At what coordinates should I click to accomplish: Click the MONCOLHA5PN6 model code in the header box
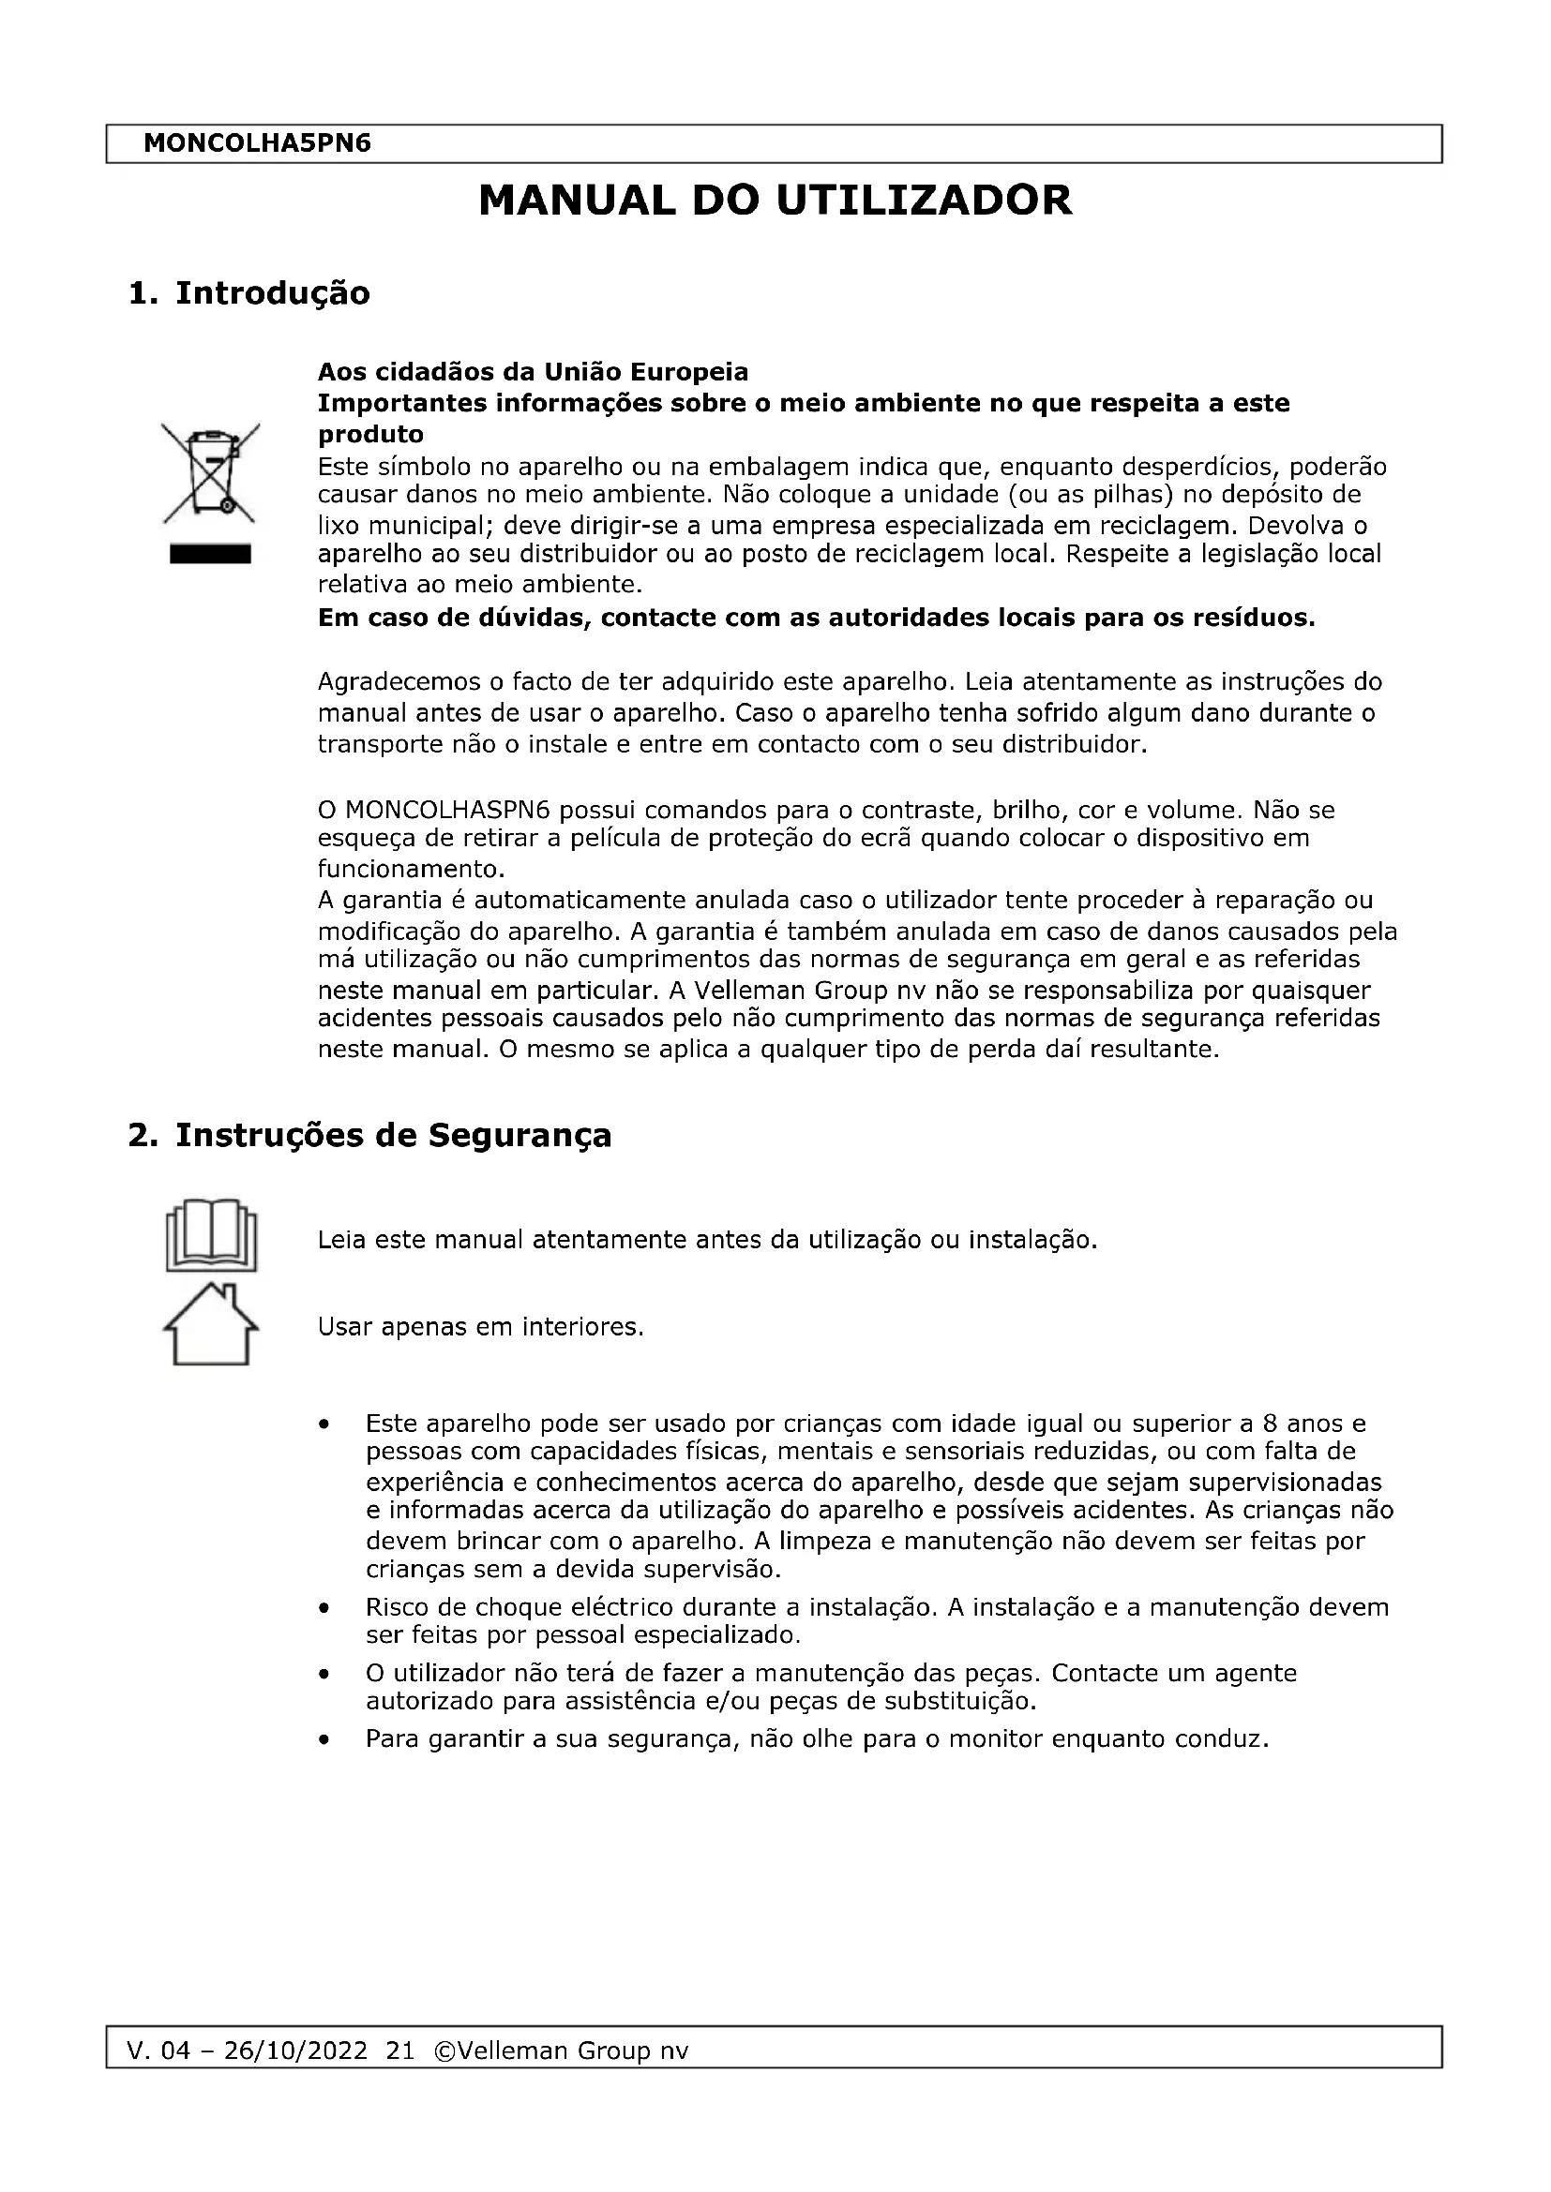(257, 144)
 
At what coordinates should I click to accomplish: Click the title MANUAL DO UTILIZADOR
(775, 201)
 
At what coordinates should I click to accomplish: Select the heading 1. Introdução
(248, 293)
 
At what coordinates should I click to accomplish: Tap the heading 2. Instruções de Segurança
(369, 1135)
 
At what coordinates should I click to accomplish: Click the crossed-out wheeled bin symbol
(210, 472)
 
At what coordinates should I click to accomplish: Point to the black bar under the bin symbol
(210, 555)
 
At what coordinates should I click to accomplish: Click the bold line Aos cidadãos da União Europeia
(533, 371)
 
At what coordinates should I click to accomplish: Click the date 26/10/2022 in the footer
(295, 2050)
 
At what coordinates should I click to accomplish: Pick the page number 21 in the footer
(400, 2050)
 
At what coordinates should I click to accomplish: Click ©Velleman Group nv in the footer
(561, 2050)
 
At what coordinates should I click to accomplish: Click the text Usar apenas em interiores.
(480, 1327)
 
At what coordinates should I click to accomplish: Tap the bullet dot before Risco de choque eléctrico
(325, 1608)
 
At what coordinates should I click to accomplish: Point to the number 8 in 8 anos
(1270, 1424)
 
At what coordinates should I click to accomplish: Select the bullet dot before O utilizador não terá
(325, 1674)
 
